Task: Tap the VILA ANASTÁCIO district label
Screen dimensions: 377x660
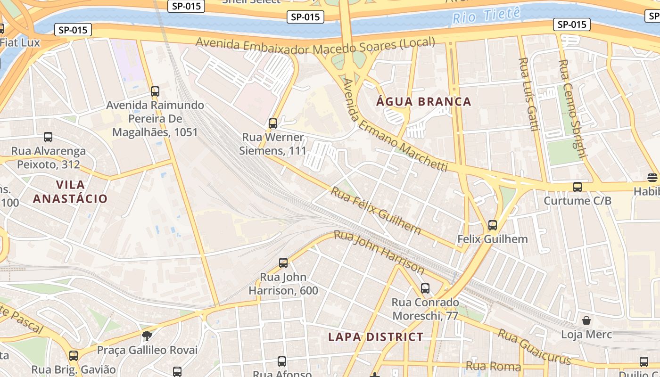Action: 70,191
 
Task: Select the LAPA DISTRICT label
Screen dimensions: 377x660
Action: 376,337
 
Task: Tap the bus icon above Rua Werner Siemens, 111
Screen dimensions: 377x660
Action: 272,123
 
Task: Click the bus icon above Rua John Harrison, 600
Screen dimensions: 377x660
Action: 283,263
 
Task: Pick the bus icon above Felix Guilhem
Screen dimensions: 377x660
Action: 493,225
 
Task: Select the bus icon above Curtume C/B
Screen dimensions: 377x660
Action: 577,187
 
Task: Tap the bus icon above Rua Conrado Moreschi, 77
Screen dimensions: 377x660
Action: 425,288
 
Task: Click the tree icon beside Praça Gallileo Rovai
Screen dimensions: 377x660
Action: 147,336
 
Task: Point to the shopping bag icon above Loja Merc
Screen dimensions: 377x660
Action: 586,321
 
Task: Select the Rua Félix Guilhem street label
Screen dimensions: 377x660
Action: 376,210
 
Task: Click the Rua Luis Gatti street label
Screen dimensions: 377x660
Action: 528,94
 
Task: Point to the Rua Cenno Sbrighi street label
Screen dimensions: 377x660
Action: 572,108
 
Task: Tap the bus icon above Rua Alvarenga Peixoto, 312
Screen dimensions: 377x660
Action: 48,137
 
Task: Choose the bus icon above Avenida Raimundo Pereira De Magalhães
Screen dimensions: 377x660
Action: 155,91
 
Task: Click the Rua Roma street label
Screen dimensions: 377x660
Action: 493,366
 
